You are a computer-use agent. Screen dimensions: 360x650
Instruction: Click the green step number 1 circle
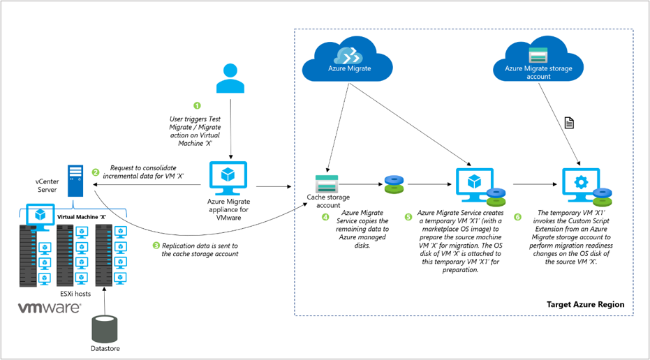click(x=197, y=105)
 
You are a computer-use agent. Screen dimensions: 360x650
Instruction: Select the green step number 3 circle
click(x=156, y=246)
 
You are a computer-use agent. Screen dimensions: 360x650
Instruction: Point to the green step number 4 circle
click(x=325, y=217)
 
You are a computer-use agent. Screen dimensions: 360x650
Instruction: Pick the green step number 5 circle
click(x=408, y=217)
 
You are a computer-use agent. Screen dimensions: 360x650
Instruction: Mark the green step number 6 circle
click(x=517, y=217)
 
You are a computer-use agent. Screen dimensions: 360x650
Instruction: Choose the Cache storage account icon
click(x=327, y=183)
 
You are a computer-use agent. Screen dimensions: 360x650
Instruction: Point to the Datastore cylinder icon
click(x=105, y=329)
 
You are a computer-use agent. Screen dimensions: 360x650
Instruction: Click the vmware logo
click(x=49, y=308)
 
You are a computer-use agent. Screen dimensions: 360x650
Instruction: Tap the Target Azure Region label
click(x=585, y=305)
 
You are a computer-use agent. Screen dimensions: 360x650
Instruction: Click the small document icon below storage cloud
click(x=570, y=123)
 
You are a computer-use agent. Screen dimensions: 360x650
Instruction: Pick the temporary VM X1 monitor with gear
click(x=579, y=183)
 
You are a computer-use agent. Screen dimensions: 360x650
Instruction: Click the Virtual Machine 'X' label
click(x=82, y=216)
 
